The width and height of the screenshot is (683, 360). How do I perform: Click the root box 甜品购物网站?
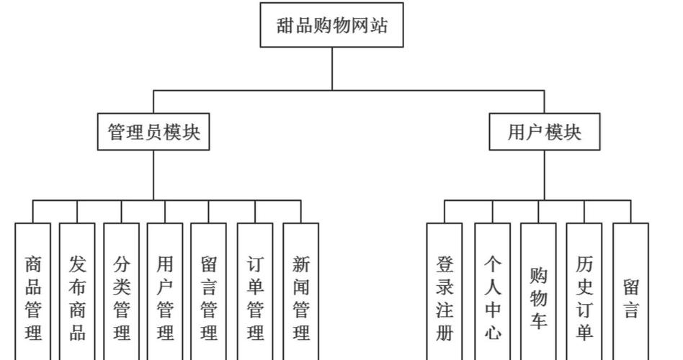[332, 25]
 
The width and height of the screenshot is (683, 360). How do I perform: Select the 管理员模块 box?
[153, 132]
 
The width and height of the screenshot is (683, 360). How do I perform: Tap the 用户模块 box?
[544, 132]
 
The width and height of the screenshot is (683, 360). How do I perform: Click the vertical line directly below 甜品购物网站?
[332, 68]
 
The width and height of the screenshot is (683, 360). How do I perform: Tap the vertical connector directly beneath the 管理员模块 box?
[153, 175]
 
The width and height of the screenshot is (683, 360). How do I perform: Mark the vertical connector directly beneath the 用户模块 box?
[545, 175]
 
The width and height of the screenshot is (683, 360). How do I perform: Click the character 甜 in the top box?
[286, 26]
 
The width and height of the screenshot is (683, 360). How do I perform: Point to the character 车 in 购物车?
[538, 320]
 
